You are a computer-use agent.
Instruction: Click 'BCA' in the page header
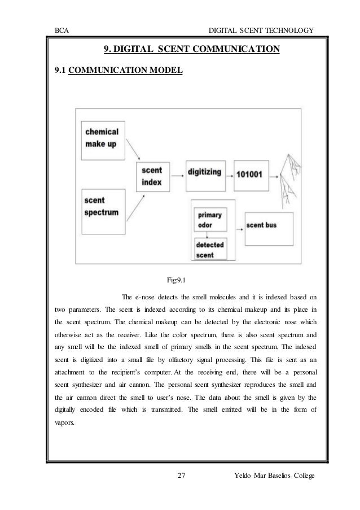coord(62,29)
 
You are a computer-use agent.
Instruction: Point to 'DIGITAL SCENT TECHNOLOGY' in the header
coord(260,29)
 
